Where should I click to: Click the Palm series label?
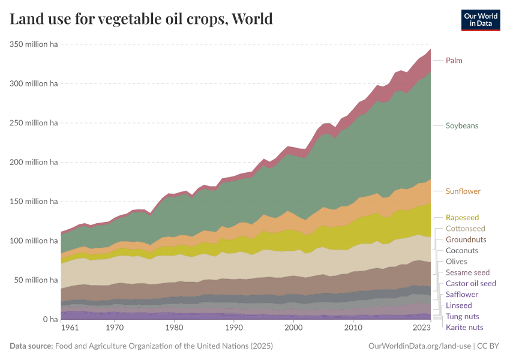pos(454,61)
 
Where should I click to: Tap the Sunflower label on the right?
pos(463,191)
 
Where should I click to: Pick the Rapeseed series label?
pos(462,218)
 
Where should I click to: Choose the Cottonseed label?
pos(465,229)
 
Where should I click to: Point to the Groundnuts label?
pos(466,239)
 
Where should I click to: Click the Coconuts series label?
pos(462,250)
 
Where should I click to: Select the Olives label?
pos(456,262)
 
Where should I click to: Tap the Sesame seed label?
pos(467,272)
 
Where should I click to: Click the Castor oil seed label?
pos(471,283)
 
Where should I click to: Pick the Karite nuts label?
pos(464,327)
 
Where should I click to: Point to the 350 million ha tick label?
pos(34,44)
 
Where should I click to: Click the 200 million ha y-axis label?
pos(34,162)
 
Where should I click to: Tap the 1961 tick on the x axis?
pos(70,329)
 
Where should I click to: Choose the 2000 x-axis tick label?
pos(293,329)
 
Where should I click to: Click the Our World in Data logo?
pos(480,19)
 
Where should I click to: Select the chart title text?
pos(142,19)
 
